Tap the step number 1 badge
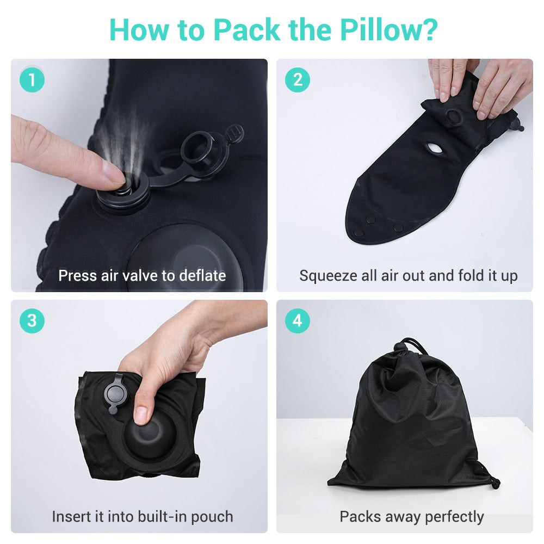(32, 80)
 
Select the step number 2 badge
(297, 80)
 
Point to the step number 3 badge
(32, 321)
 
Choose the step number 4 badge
(297, 321)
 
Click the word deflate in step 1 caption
(199, 275)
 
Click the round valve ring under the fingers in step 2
(453, 116)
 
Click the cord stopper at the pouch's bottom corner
(494, 481)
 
